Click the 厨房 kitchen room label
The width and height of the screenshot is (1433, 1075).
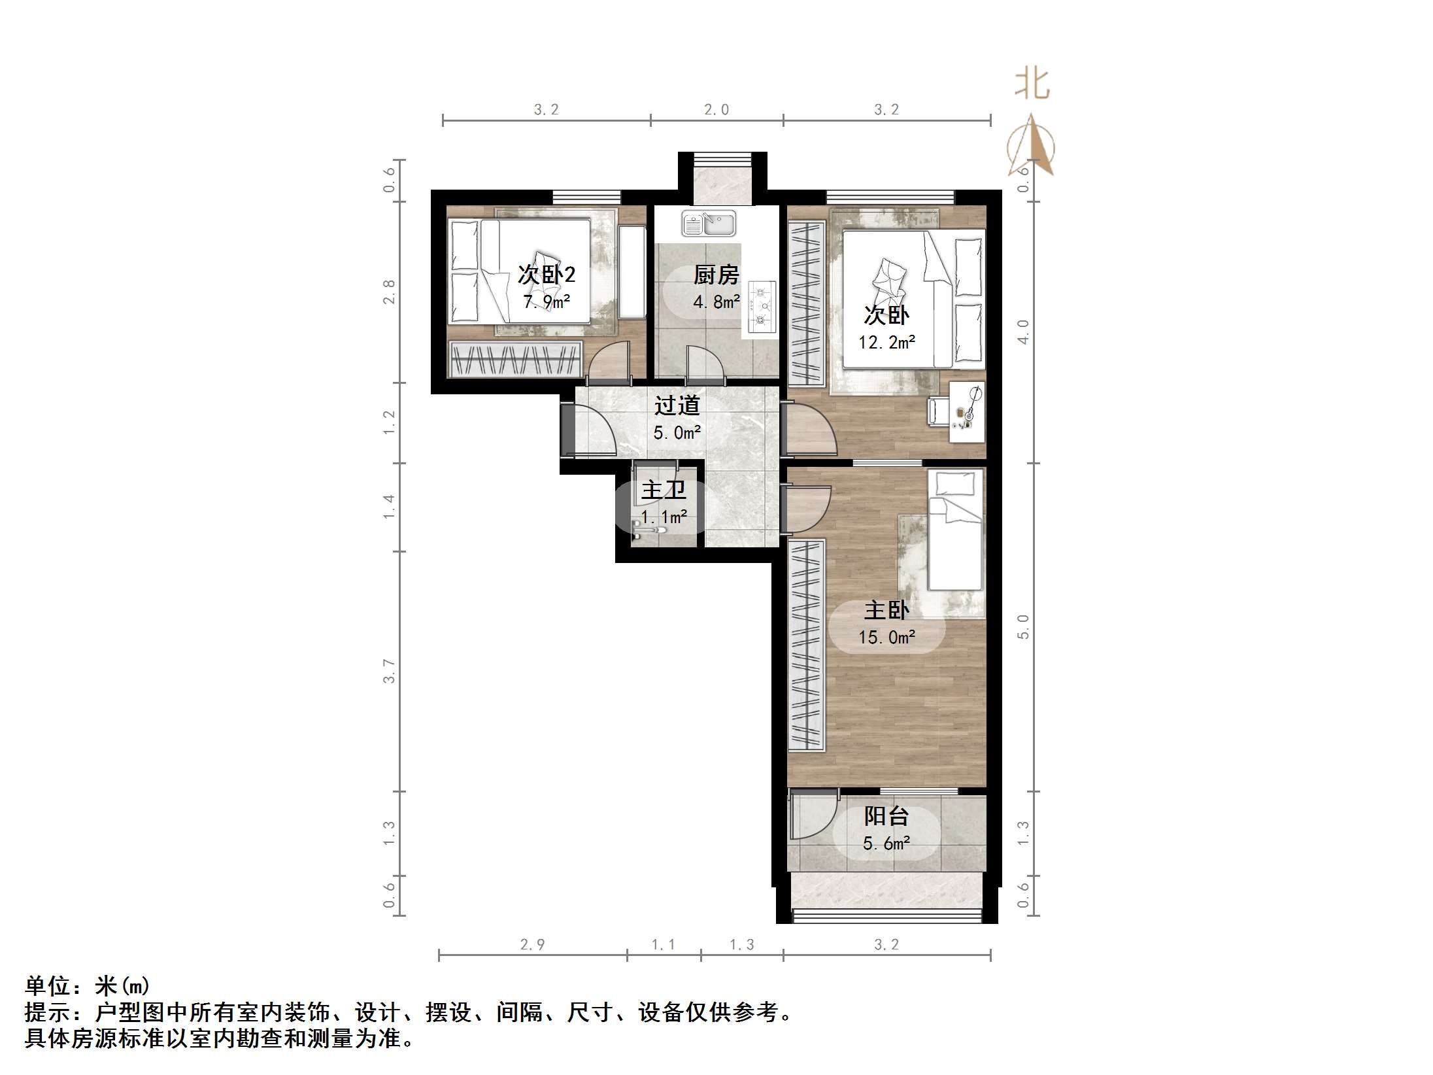(716, 275)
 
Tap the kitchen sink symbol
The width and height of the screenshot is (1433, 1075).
(709, 224)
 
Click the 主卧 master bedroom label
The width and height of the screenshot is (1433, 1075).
(886, 610)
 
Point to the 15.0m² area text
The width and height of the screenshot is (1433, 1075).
(886, 637)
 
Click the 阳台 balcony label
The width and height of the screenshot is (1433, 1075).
(886, 815)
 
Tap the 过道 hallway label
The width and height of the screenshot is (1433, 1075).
(677, 405)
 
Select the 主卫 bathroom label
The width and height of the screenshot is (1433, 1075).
(663, 489)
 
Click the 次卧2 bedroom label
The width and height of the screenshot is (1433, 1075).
(547, 274)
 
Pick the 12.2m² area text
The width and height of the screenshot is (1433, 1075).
(886, 342)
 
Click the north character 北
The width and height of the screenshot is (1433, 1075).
(1032, 85)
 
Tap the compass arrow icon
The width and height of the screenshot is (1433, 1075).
(1031, 146)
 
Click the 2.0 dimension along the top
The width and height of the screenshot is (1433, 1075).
(716, 110)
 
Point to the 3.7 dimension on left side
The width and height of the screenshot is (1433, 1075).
(389, 671)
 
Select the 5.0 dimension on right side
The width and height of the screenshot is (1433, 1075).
(1023, 626)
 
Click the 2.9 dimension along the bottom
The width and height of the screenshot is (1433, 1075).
(532, 944)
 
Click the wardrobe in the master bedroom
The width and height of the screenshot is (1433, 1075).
(806, 644)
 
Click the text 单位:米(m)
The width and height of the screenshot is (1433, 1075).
(88, 985)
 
